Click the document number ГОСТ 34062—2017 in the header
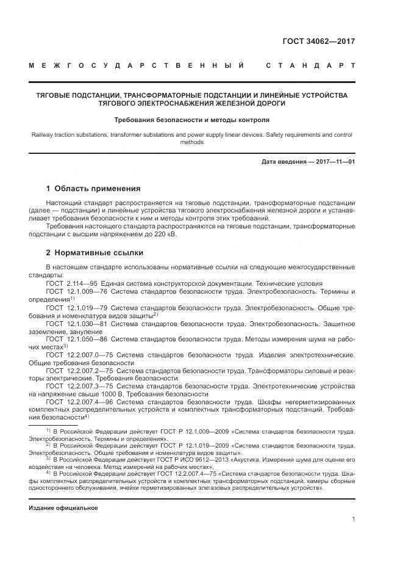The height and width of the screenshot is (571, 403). (x=318, y=42)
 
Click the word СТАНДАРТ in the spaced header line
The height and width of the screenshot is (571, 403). (x=310, y=65)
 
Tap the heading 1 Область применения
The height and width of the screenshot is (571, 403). (x=93, y=189)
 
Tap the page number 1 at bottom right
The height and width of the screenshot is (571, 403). (x=353, y=519)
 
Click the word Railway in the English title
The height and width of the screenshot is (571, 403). (x=42, y=134)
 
